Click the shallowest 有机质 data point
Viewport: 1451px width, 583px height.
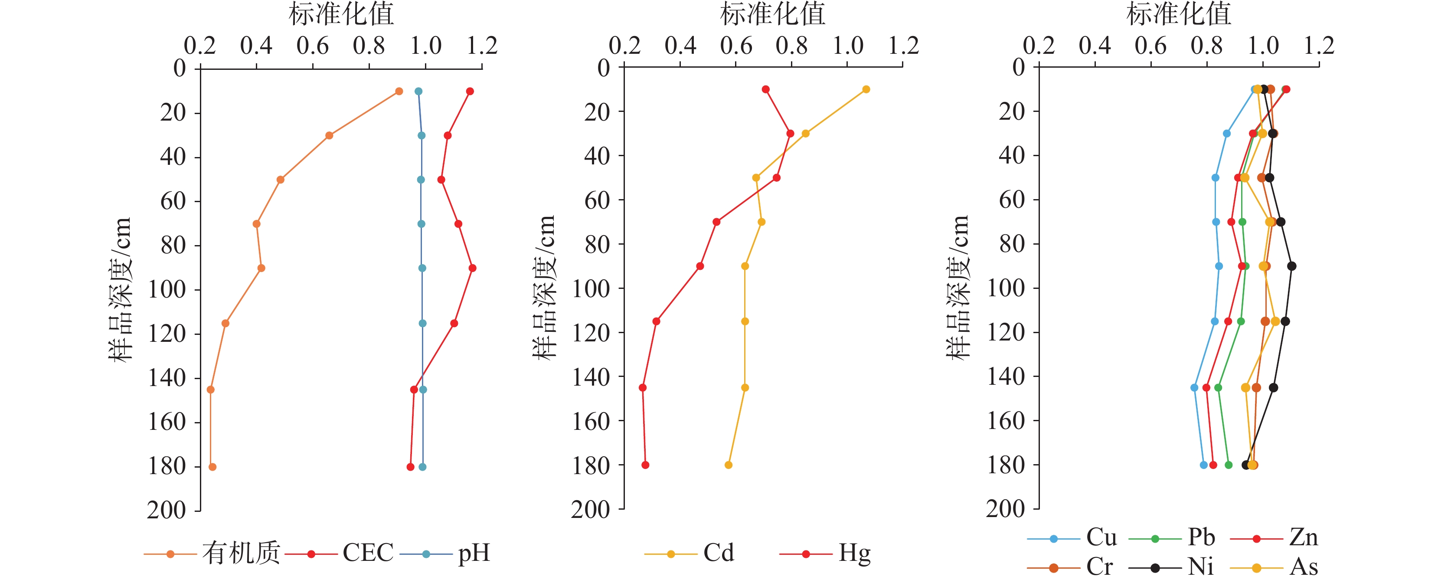[x=399, y=91]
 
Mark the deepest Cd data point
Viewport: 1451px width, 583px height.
[x=728, y=465]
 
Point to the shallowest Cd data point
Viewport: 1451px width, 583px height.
[x=866, y=89]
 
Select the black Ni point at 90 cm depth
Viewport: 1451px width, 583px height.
[x=1291, y=266]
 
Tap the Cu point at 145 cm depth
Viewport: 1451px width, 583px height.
[x=1194, y=387]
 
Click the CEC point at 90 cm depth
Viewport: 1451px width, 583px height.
[x=472, y=268]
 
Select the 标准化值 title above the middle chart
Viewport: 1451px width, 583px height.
[x=772, y=14]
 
